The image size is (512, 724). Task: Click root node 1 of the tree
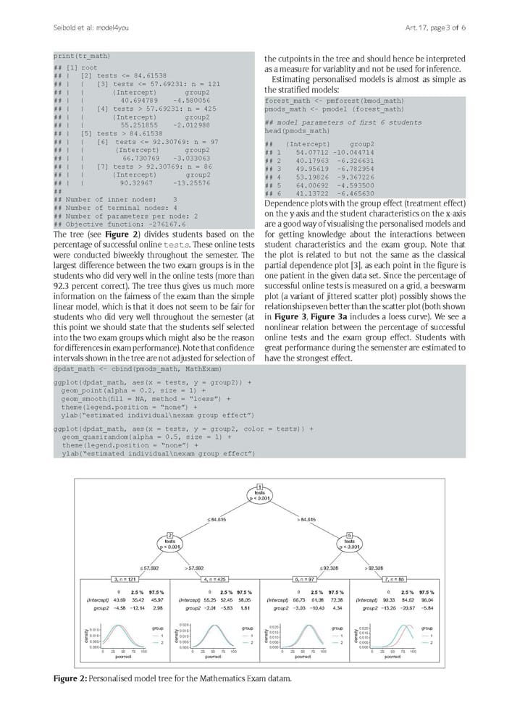259,492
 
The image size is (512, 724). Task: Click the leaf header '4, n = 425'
214,579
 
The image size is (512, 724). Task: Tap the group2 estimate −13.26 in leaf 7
392,608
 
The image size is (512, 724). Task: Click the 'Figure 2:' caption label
70,678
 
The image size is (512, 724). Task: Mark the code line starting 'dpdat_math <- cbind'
126,369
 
